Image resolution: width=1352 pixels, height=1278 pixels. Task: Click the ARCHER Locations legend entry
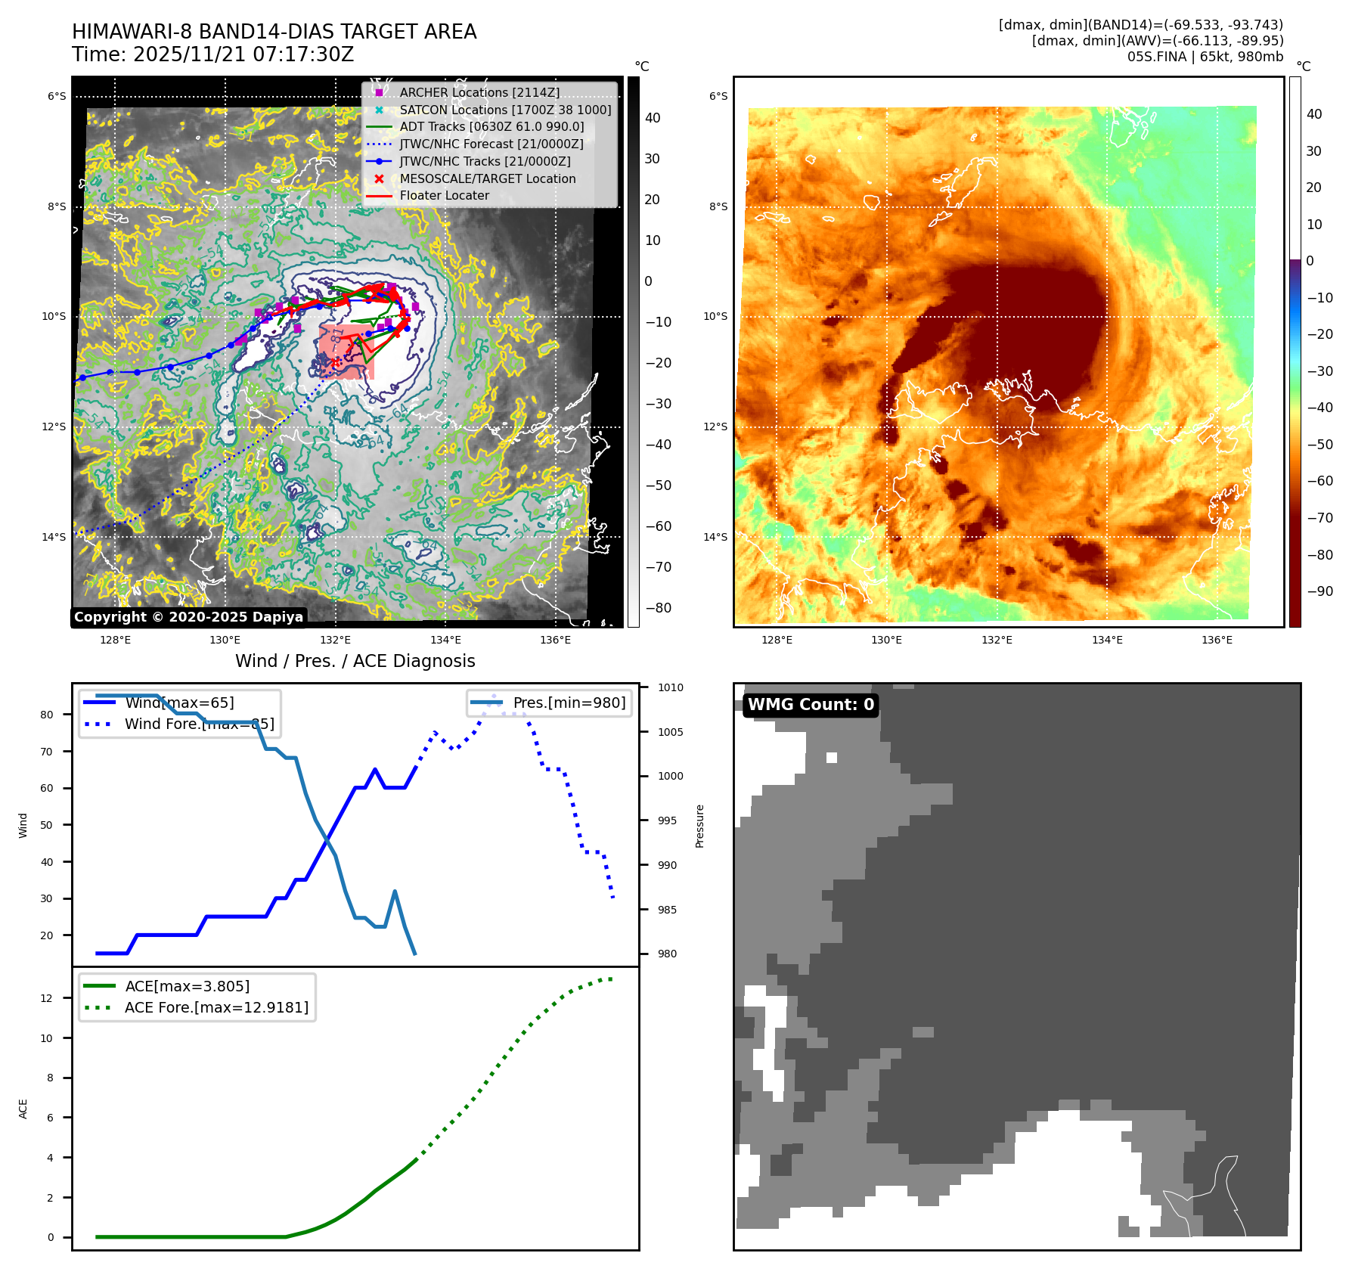479,92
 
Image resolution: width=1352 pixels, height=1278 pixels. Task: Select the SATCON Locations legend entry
505,110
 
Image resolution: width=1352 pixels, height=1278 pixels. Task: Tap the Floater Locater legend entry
444,195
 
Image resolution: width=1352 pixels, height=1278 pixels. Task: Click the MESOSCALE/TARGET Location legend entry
487,178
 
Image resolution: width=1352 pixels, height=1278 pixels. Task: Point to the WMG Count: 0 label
811,705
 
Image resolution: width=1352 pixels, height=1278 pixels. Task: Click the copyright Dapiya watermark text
188,617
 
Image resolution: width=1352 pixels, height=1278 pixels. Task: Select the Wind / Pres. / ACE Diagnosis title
355,661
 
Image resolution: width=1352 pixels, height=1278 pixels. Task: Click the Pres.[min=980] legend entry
569,703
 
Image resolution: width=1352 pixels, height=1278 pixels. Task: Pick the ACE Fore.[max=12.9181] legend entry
216,1007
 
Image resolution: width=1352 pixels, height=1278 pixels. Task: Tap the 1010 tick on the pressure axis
670,687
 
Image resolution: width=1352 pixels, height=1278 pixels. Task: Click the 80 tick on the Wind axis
47,715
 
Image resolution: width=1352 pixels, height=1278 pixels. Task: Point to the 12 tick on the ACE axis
47,998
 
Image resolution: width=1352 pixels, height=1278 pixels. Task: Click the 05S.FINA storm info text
1205,57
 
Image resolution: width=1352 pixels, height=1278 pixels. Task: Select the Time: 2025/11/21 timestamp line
213,54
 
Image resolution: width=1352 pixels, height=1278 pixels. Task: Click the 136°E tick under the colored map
1217,640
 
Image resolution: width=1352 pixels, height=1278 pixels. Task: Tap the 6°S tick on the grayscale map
57,96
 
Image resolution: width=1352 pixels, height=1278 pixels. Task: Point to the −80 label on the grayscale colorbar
658,607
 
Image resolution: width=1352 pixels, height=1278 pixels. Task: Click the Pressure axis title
699,826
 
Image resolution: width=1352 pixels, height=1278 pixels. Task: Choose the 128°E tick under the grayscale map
115,640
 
